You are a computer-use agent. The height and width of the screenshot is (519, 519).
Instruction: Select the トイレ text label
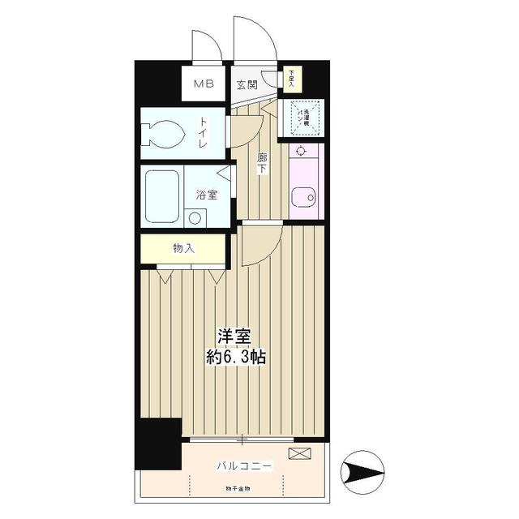point(204,132)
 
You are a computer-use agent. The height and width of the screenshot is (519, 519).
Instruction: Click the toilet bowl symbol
point(163,133)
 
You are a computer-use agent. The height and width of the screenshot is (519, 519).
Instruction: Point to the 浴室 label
point(206,195)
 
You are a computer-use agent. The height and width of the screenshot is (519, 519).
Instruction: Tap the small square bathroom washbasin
point(195,217)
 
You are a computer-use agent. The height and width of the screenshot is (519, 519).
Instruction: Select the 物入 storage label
point(183,249)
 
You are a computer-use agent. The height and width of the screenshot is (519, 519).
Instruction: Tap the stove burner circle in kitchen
point(301,151)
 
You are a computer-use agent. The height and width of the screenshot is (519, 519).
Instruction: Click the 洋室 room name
point(235,336)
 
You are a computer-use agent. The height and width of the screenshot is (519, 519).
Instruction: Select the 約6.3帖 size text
point(236,356)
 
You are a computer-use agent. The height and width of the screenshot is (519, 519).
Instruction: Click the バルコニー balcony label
point(244,465)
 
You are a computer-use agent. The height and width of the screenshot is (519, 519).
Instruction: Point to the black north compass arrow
point(363,470)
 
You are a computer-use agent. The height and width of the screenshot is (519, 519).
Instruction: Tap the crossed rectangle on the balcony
point(298,453)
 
